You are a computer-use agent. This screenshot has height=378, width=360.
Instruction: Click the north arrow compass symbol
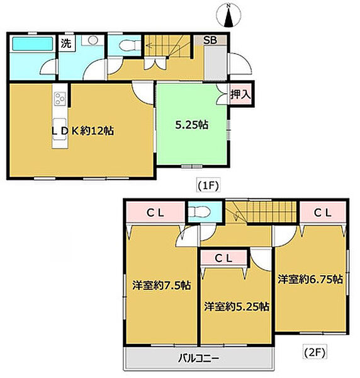[x=230, y=16]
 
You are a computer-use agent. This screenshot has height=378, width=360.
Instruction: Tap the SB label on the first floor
[x=210, y=40]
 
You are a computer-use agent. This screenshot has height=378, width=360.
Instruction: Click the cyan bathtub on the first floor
[x=31, y=44]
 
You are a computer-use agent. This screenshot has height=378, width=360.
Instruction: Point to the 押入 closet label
[x=240, y=95]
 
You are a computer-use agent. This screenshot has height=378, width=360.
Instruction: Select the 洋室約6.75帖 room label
[x=310, y=278]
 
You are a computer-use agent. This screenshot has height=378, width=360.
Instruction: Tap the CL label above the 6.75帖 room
[x=323, y=212]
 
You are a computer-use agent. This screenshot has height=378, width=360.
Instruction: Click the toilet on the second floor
[x=197, y=212]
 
